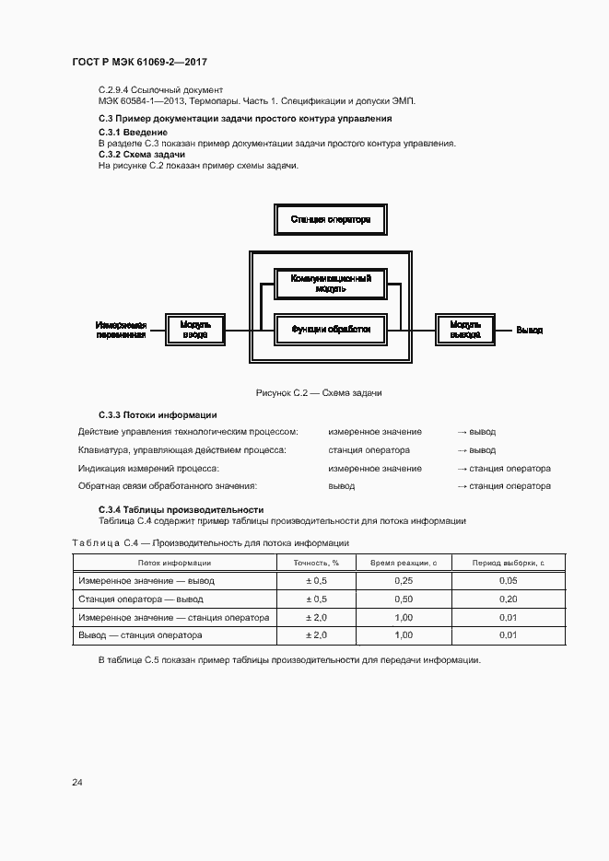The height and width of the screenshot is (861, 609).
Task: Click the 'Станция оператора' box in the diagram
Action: [330, 220]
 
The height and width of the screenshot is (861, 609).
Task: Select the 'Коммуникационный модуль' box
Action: [331, 284]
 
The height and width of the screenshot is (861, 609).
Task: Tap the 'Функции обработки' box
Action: [331, 329]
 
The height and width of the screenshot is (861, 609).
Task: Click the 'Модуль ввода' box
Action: [195, 330]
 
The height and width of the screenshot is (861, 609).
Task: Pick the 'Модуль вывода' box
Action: [465, 330]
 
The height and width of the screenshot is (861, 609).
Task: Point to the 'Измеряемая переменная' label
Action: [122, 330]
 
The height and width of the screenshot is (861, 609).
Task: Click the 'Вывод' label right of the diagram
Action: [529, 330]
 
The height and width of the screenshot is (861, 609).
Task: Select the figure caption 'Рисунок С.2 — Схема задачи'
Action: [319, 393]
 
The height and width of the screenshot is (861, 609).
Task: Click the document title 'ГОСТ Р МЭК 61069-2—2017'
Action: [138, 63]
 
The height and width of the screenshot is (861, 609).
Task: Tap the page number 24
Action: [77, 783]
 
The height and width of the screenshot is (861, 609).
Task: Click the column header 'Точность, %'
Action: [317, 563]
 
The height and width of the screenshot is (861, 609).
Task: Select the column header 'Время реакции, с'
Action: [403, 563]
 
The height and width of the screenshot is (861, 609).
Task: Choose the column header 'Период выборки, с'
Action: [508, 563]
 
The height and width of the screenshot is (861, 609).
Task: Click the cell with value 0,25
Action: [403, 580]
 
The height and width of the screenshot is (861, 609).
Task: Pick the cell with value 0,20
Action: [508, 599]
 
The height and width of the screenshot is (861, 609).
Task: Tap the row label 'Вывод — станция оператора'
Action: [140, 634]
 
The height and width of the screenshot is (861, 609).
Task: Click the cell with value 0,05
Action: [508, 580]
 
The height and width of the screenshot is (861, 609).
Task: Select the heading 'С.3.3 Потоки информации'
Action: [158, 414]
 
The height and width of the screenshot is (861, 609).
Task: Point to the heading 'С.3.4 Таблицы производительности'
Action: [181, 509]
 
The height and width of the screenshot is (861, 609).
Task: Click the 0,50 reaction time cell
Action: [403, 599]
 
